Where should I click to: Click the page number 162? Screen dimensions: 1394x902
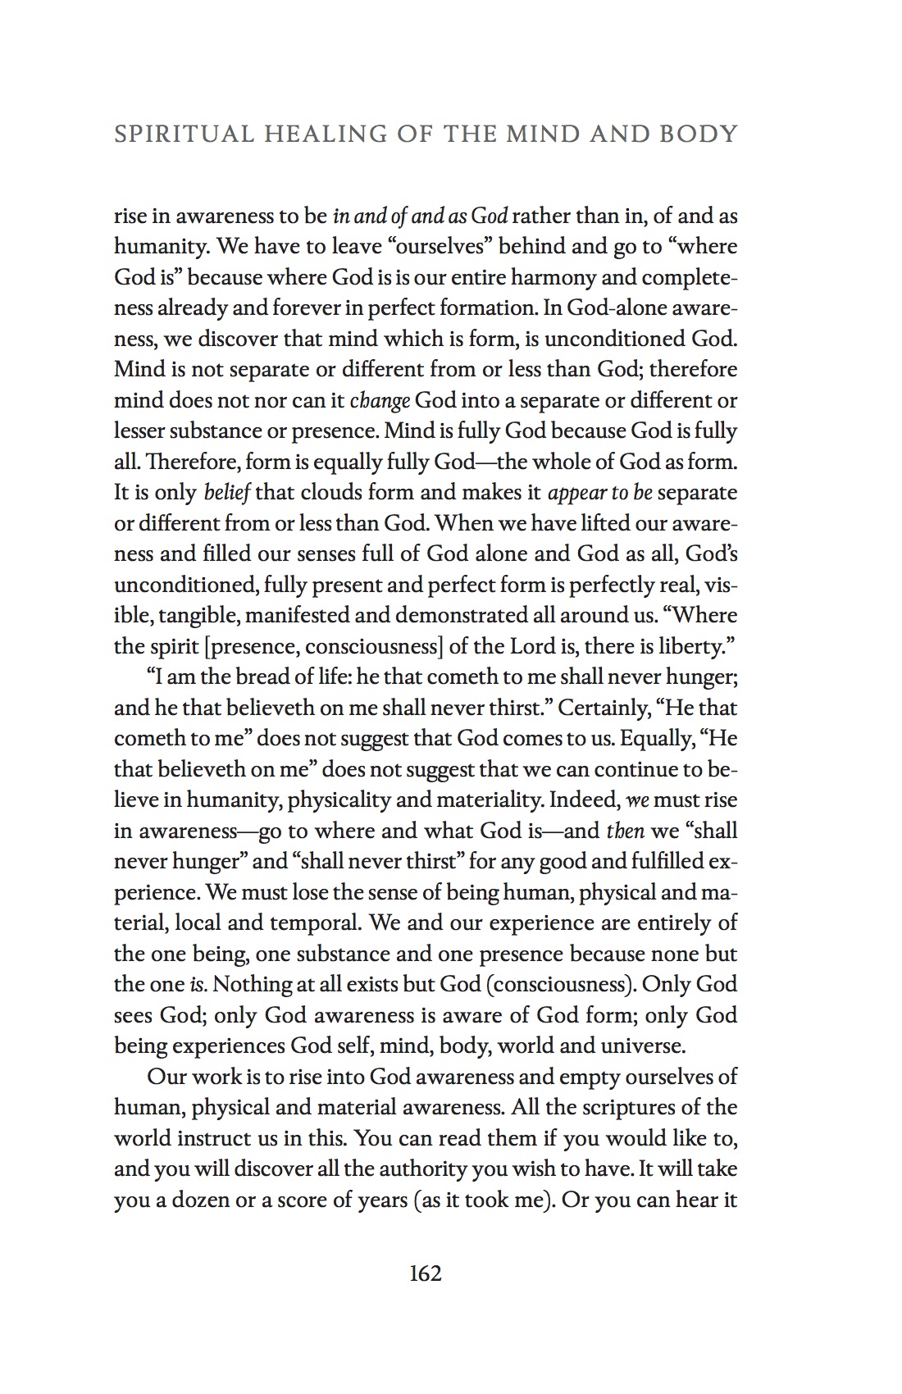click(x=425, y=1273)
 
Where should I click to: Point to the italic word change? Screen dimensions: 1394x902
click(x=380, y=401)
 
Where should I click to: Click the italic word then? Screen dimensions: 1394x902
click(x=625, y=831)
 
